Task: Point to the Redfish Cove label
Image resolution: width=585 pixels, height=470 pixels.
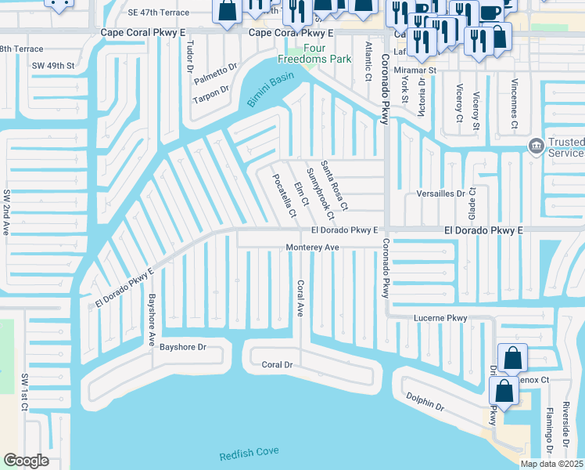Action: click(249, 452)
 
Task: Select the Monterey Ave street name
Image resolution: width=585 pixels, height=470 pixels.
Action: click(311, 247)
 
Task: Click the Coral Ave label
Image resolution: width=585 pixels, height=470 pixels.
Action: click(299, 298)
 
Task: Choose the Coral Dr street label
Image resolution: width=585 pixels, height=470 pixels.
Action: click(277, 365)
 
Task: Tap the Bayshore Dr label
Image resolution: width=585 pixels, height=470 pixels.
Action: click(182, 346)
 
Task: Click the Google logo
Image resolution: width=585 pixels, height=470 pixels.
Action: click(26, 461)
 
